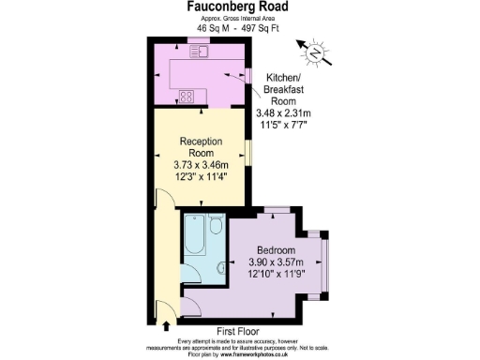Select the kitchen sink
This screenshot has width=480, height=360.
[x=199, y=51]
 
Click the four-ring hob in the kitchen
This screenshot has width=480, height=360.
[x=187, y=95]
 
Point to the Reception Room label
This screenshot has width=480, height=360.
[x=201, y=147]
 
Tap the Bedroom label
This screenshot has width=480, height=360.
[x=278, y=250]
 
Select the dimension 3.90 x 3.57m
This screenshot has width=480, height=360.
[x=278, y=263]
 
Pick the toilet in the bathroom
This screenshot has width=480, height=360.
[x=217, y=226]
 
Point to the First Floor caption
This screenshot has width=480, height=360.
[x=238, y=332]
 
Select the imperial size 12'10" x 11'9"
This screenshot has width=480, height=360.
[x=278, y=277]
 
